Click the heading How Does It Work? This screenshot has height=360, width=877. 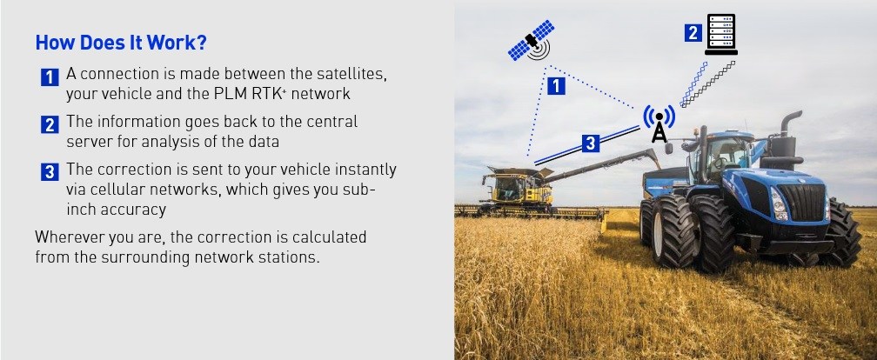(x=121, y=43)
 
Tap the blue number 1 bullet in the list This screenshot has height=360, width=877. (x=50, y=77)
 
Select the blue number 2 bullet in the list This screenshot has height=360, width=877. (x=50, y=124)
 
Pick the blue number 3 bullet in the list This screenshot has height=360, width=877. (x=50, y=171)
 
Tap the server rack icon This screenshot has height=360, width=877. (x=721, y=35)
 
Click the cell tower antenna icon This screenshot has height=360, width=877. (x=659, y=123)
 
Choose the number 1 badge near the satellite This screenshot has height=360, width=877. (x=556, y=86)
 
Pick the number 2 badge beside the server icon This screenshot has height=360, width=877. (x=693, y=33)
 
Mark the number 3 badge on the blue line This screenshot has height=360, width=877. (x=591, y=143)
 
